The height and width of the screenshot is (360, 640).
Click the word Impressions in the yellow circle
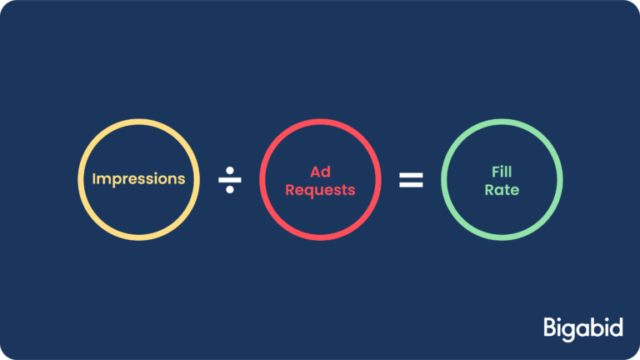pyautogui.click(x=138, y=179)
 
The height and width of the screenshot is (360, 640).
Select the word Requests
pyautogui.click(x=320, y=190)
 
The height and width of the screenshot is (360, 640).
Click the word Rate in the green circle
pyautogui.click(x=502, y=190)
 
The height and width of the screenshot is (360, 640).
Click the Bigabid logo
pyautogui.click(x=582, y=327)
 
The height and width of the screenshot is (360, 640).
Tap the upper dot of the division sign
pyautogui.click(x=230, y=169)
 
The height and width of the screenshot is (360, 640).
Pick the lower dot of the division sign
pyautogui.click(x=230, y=190)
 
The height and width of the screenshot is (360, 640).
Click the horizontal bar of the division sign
pyautogui.click(x=230, y=180)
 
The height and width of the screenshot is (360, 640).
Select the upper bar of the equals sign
pyautogui.click(x=411, y=175)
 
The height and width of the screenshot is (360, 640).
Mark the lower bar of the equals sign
pyautogui.click(x=411, y=185)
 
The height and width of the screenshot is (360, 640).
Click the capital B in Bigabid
pyautogui.click(x=550, y=326)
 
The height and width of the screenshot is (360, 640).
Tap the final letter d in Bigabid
pyautogui.click(x=616, y=326)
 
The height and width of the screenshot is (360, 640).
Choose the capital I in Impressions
pyautogui.click(x=94, y=179)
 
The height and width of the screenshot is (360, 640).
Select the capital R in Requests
pyautogui.click(x=290, y=190)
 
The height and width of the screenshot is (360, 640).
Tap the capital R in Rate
pyautogui.click(x=488, y=190)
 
